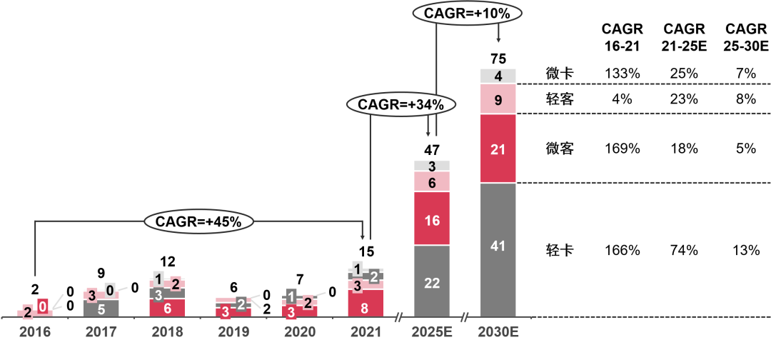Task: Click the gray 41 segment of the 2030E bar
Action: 498,246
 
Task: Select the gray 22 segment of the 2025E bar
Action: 432,282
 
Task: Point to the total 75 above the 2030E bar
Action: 498,58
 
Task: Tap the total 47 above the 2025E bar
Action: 432,149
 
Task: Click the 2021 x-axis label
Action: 366,332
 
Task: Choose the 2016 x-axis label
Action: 35,332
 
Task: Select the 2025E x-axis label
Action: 432,332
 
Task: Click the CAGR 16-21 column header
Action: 623,38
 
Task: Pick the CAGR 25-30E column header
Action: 746,38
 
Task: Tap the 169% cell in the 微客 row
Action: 623,149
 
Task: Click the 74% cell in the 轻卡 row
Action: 684,251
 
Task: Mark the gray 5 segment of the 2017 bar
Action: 101,309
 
